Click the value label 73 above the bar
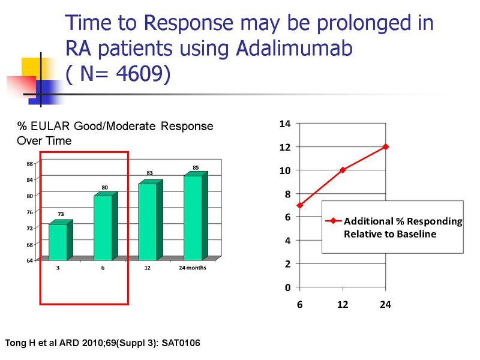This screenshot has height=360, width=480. pos(61,214)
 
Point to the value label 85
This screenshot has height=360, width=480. pos(196,167)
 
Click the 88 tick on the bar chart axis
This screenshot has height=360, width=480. pos(29,164)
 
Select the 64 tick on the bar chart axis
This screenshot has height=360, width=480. pos(29,260)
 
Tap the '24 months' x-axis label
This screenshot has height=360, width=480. pos(192,268)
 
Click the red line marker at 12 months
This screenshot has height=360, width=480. pos(343,170)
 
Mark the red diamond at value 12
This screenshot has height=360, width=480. pos(385,146)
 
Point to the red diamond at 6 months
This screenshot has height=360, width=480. pos(299,205)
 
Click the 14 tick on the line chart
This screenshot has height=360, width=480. pos(285,124)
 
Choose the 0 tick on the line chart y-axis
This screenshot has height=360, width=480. pos(287,287)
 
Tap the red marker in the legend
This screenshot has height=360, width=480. pos(334,221)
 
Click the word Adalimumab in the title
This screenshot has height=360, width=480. pos(294,49)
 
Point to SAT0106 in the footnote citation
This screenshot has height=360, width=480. pos(181,343)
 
